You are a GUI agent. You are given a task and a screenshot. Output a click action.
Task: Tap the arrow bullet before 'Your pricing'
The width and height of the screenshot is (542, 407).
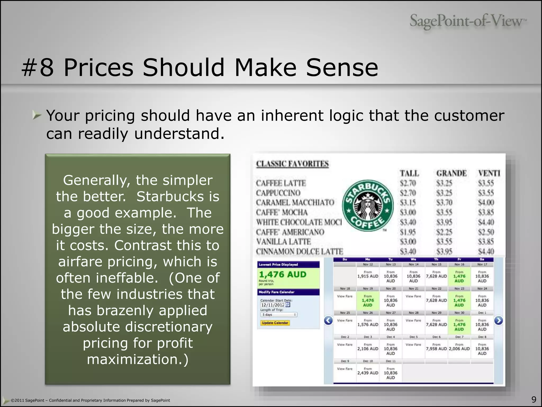coord(37,115)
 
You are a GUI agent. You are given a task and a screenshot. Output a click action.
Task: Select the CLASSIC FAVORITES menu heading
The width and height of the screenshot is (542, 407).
coord(292,164)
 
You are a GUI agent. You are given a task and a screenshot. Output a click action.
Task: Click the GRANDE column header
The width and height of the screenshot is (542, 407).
coord(451,173)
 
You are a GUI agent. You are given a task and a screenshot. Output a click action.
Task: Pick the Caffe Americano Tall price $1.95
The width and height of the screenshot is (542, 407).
coord(408,232)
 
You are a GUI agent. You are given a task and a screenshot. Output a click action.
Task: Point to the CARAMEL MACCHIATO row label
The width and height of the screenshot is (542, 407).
coord(295,203)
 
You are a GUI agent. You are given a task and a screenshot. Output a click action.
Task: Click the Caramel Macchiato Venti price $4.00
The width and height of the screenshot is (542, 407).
coord(486,203)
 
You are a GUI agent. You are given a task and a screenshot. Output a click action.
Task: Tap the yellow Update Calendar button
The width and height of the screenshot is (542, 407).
coord(275,323)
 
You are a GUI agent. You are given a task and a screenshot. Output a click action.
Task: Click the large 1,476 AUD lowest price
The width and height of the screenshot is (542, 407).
coord(282,275)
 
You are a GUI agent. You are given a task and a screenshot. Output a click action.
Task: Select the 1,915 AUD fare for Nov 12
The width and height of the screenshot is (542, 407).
coord(368,276)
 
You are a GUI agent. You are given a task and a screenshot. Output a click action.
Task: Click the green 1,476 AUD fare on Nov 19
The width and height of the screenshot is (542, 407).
coord(368,300)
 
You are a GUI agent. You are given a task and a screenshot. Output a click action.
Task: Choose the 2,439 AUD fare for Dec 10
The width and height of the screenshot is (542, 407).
coord(368,373)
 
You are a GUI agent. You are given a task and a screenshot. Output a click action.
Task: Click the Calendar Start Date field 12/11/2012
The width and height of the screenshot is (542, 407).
coord(272,305)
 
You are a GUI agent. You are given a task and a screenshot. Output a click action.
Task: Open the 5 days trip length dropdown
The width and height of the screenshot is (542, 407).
coord(279,315)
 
